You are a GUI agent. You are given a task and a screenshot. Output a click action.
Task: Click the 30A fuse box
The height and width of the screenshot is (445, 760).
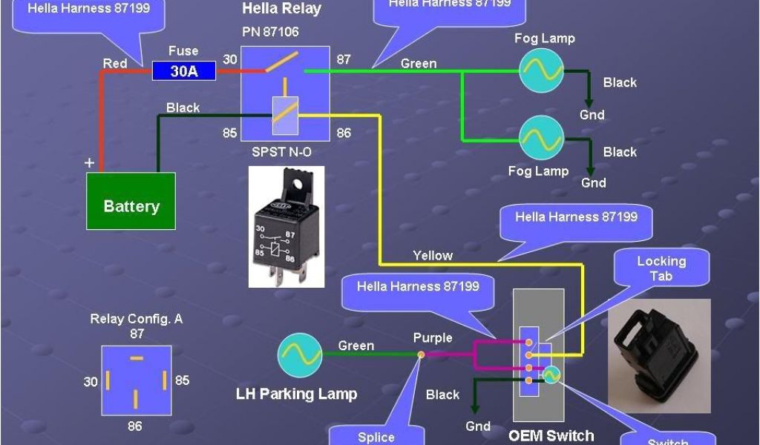tap(184, 71)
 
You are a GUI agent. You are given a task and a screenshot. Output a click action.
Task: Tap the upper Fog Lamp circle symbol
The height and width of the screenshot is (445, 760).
tap(541, 71)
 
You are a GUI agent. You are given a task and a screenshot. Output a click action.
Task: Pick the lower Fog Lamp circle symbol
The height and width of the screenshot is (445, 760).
tap(541, 139)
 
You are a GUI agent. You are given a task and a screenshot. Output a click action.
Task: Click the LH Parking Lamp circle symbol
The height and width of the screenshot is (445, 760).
tap(300, 355)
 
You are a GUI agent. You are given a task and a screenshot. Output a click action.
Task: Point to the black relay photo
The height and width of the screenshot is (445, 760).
tap(286, 226)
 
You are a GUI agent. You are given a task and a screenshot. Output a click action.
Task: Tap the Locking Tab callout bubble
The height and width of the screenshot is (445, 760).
tap(661, 269)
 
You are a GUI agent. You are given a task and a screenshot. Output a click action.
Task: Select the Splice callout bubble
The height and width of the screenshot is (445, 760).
tap(376, 436)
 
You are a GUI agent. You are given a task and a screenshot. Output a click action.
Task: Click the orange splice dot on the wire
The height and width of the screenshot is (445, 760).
tap(421, 355)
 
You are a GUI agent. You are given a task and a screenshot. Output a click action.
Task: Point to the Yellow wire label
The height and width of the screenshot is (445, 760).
tap(433, 255)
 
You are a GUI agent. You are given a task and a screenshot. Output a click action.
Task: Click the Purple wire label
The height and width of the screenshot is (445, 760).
tap(433, 338)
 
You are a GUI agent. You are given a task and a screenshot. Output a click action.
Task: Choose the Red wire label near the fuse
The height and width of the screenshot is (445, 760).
tap(115, 64)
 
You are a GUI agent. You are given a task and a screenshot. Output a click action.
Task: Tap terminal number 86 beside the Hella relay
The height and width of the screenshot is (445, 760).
tap(344, 133)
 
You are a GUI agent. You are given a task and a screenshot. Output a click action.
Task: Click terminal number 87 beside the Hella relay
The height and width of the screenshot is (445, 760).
tap(344, 59)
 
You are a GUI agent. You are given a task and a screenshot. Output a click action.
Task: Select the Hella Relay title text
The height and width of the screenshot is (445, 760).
tap(282, 10)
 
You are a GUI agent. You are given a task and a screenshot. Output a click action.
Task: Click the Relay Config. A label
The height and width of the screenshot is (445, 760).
tap(137, 320)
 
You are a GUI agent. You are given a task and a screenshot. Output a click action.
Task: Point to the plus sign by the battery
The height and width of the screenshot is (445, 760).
tap(90, 162)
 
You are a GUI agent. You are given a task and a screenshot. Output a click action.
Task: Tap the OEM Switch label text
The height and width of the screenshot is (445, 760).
tap(551, 435)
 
